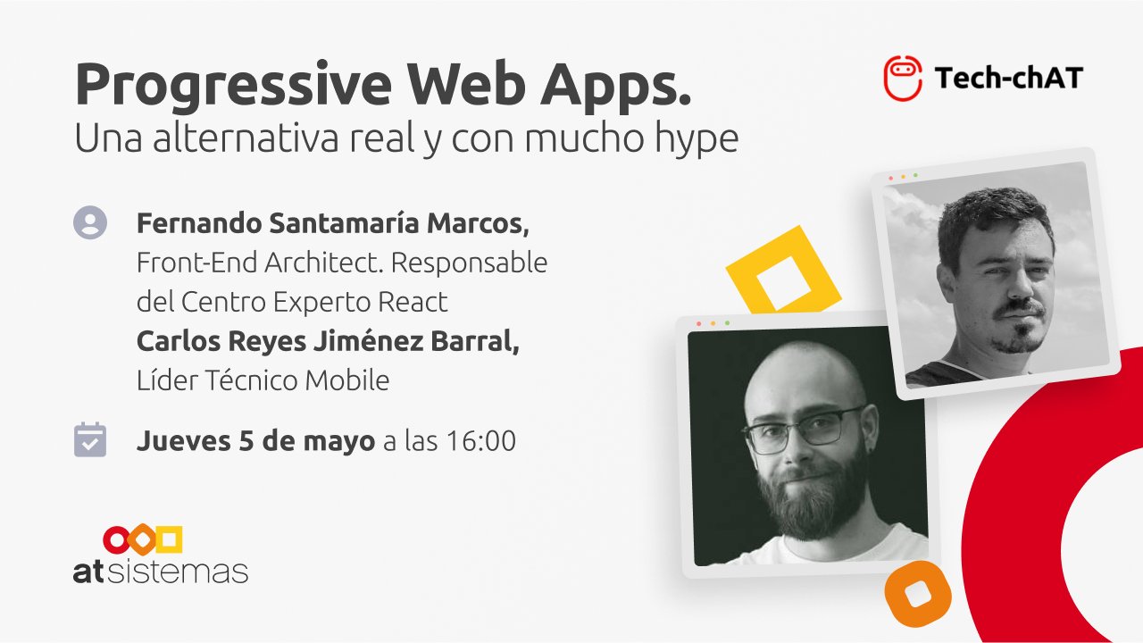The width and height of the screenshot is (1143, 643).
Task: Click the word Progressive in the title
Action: (234, 87)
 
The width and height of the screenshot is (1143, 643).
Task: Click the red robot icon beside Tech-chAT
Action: (903, 78)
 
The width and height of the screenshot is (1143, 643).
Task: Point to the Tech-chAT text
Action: (1009, 78)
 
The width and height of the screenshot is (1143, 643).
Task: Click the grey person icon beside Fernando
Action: (90, 222)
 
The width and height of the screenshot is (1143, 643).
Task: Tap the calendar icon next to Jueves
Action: (90, 439)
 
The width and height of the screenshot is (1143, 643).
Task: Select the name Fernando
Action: (199, 223)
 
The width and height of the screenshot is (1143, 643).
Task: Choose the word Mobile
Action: (347, 380)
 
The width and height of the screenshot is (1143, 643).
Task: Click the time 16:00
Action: (480, 441)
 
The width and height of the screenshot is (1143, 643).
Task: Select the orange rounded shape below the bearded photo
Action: (917, 594)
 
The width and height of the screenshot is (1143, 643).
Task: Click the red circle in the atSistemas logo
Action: (117, 540)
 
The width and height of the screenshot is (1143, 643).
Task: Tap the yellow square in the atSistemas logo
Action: (170, 539)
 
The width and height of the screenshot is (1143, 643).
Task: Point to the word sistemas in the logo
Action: (178, 572)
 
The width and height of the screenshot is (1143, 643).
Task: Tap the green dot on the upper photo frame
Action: (915, 175)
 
